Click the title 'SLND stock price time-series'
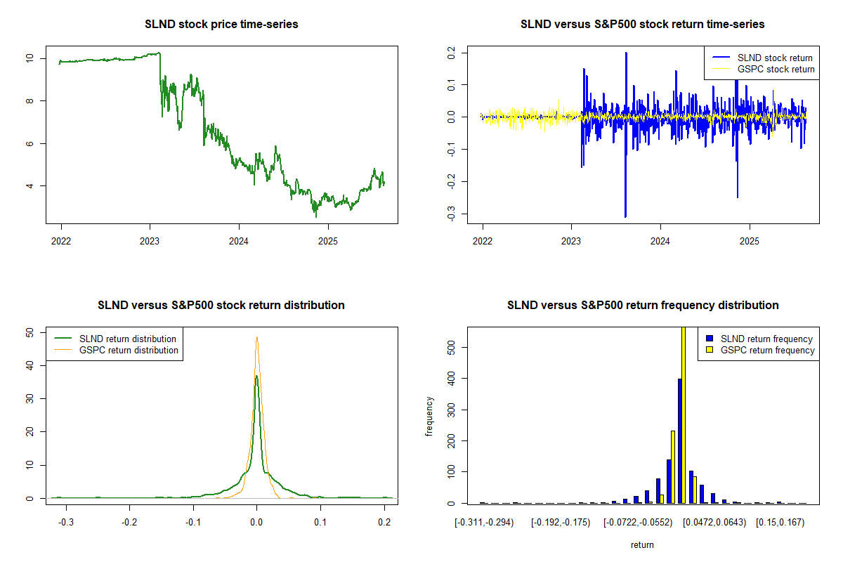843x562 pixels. coord(221,25)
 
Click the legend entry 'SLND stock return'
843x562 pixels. coord(774,58)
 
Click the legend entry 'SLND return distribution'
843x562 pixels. coord(128,339)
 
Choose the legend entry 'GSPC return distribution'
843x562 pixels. coord(129,350)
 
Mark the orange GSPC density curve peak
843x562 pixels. coord(257,337)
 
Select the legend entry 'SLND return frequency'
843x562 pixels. coord(766,339)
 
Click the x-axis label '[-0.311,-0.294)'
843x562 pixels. coord(485,523)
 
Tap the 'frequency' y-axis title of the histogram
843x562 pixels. coord(429,416)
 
